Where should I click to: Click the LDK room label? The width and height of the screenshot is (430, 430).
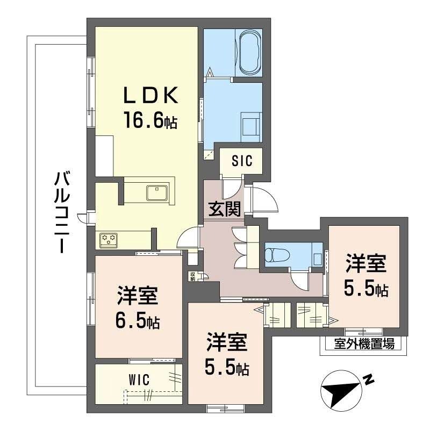tap(150, 96)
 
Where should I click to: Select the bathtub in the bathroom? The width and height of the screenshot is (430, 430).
tap(249, 52)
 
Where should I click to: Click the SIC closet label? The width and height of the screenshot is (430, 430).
tap(242, 161)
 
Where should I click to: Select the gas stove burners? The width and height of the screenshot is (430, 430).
tap(109, 239)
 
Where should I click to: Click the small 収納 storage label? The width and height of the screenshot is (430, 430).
tap(192, 276)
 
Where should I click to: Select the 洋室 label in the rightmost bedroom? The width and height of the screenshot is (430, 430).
tap(365, 265)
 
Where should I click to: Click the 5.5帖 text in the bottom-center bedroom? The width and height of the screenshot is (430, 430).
tap(227, 369)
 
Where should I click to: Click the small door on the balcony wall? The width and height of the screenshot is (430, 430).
tap(82, 218)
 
